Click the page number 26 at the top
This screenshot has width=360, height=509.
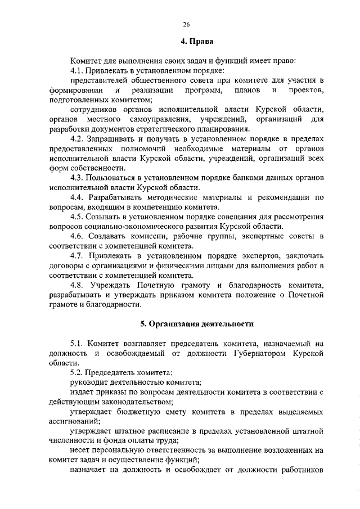coord(186,24)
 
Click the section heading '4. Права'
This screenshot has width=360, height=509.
coord(196,41)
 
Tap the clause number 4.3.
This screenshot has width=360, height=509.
coord(78,177)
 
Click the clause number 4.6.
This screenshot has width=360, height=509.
coord(78,236)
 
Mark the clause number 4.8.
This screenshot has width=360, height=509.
coord(78,285)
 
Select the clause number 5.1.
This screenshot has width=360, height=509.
coord(78,343)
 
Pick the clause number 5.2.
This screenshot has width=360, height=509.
coord(78,372)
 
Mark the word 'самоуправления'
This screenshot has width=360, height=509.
coord(157,119)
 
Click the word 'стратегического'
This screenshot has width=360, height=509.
coord(178,128)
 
